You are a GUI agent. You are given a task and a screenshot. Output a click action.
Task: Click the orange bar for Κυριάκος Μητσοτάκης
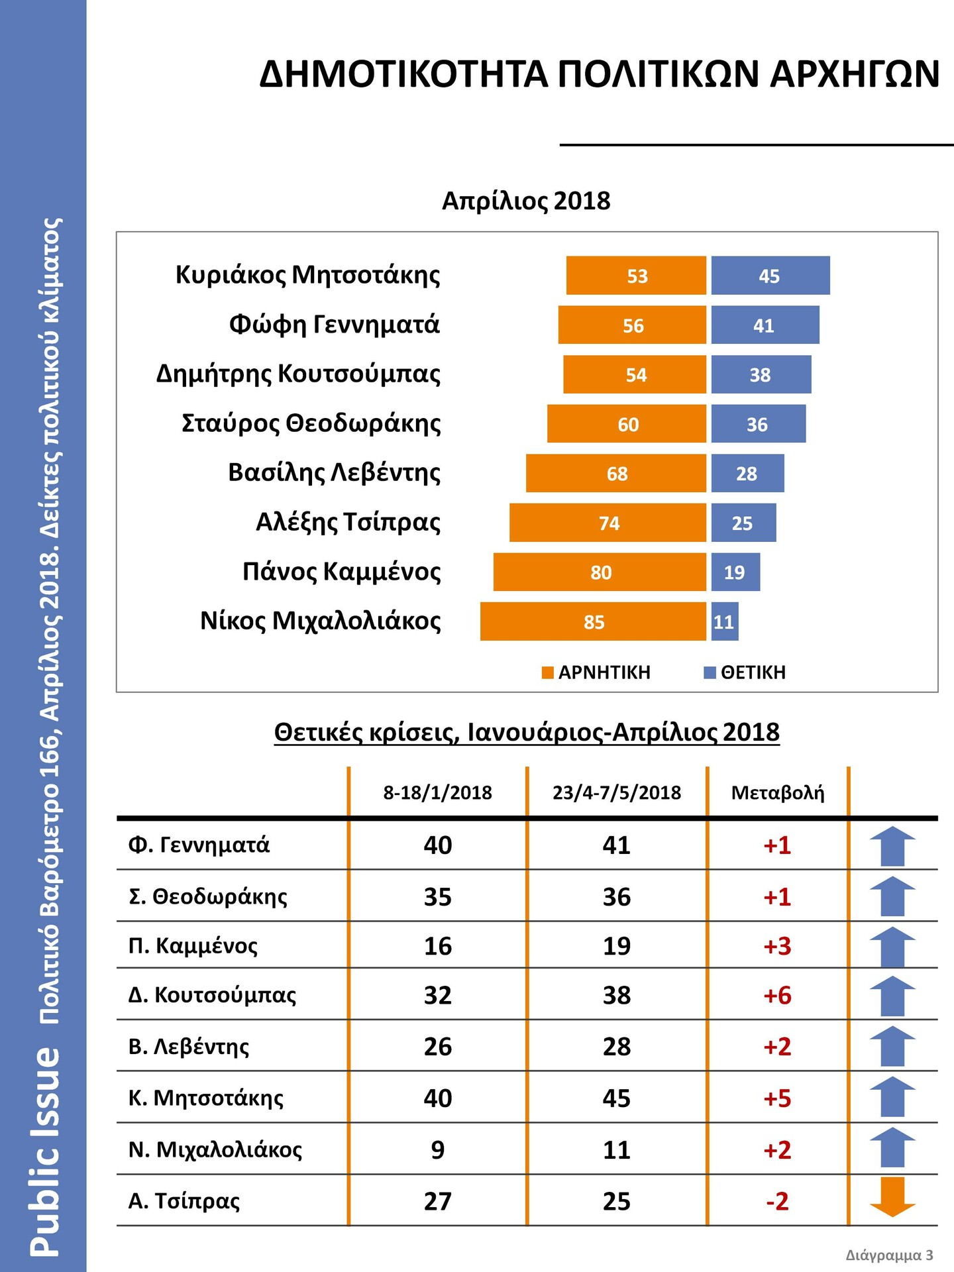[x=636, y=276]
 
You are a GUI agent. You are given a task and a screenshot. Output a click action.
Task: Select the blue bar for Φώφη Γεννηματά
[x=765, y=325]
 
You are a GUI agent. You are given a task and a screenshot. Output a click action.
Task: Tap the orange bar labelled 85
[x=593, y=621]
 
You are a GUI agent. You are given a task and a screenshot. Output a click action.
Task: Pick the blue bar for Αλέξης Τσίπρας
[x=743, y=523]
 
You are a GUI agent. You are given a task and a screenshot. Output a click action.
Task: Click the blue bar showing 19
[x=735, y=572]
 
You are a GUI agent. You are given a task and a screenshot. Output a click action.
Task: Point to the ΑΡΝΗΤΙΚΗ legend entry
[x=596, y=672]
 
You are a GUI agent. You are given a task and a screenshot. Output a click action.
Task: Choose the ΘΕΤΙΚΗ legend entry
[x=745, y=672]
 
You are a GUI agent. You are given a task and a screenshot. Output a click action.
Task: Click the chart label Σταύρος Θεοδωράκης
[x=311, y=423]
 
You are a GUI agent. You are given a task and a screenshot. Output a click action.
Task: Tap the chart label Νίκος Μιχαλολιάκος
[x=321, y=621]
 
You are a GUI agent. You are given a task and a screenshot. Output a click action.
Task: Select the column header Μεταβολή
[x=778, y=792]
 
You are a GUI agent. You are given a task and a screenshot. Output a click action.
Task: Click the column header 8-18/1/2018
[x=438, y=792]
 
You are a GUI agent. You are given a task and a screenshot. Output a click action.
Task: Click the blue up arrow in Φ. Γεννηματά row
[x=892, y=846]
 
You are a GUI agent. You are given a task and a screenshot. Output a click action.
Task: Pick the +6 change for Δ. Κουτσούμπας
[x=778, y=995]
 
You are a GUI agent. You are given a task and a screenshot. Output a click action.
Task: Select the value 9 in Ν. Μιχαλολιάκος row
[x=438, y=1149]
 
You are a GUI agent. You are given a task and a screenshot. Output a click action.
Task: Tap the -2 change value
[x=778, y=1201]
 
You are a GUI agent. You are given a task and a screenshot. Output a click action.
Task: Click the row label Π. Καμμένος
[x=193, y=945]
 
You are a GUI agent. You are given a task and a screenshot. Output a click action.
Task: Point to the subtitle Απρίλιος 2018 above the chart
[x=526, y=201]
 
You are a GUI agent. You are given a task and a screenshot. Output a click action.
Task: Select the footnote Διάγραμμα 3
[x=890, y=1255]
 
